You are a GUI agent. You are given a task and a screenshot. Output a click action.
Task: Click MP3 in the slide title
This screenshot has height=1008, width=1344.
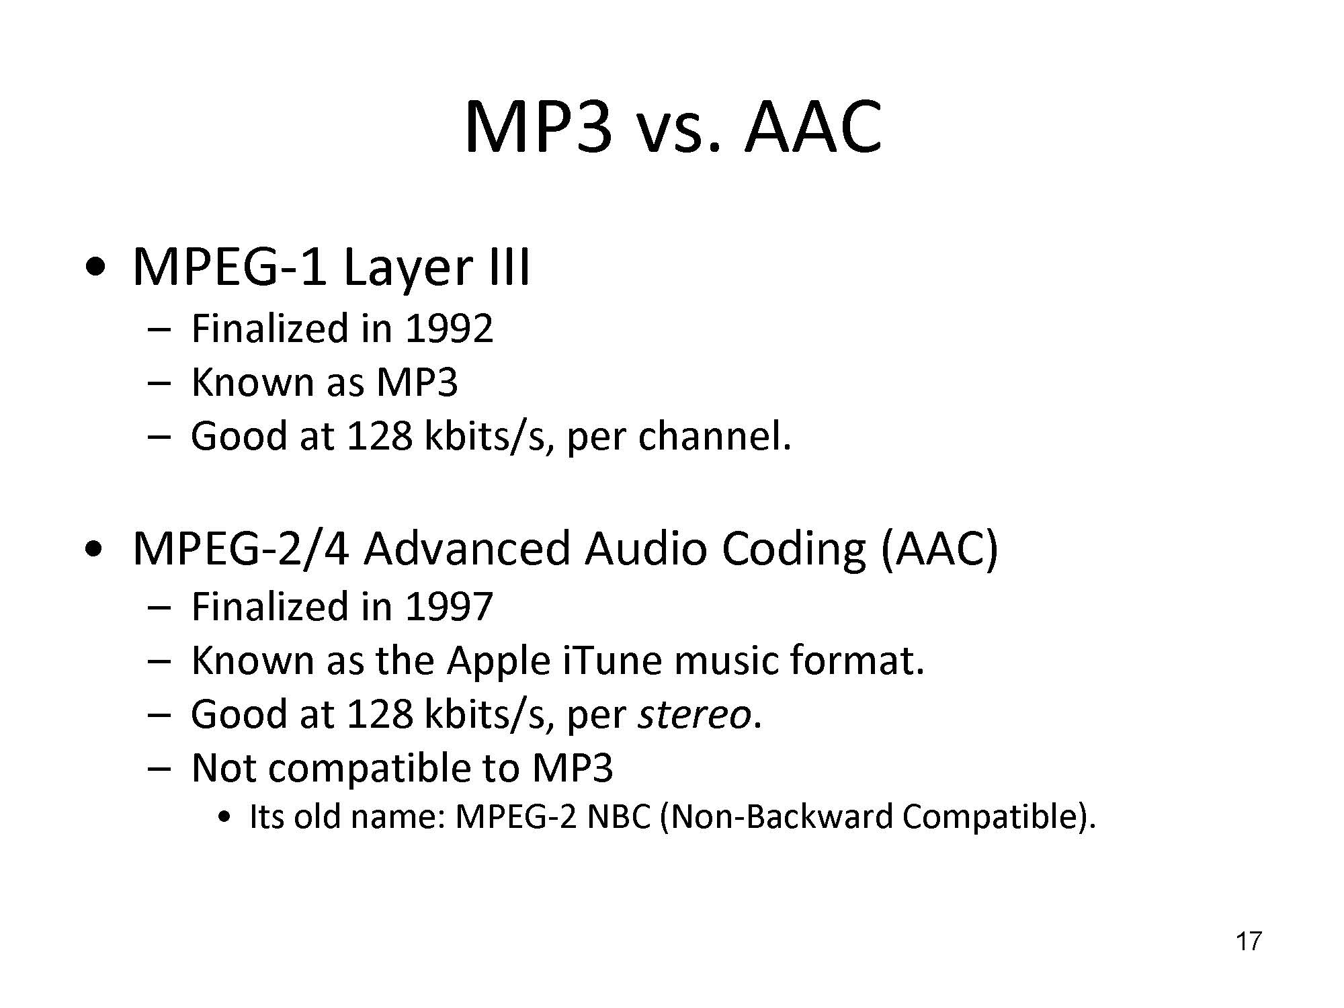click(x=538, y=127)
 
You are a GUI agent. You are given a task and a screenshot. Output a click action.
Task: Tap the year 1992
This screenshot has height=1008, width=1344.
click(x=450, y=329)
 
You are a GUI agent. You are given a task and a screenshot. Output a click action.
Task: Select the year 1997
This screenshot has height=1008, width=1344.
click(x=450, y=606)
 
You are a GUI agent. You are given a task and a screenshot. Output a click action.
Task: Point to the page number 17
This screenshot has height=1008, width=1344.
click(x=1249, y=941)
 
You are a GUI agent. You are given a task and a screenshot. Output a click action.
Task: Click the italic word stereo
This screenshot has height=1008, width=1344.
click(x=694, y=714)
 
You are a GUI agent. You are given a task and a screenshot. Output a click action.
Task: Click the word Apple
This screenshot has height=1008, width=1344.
click(x=499, y=662)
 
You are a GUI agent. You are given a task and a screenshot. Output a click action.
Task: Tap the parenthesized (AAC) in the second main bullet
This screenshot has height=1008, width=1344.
click(x=939, y=549)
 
